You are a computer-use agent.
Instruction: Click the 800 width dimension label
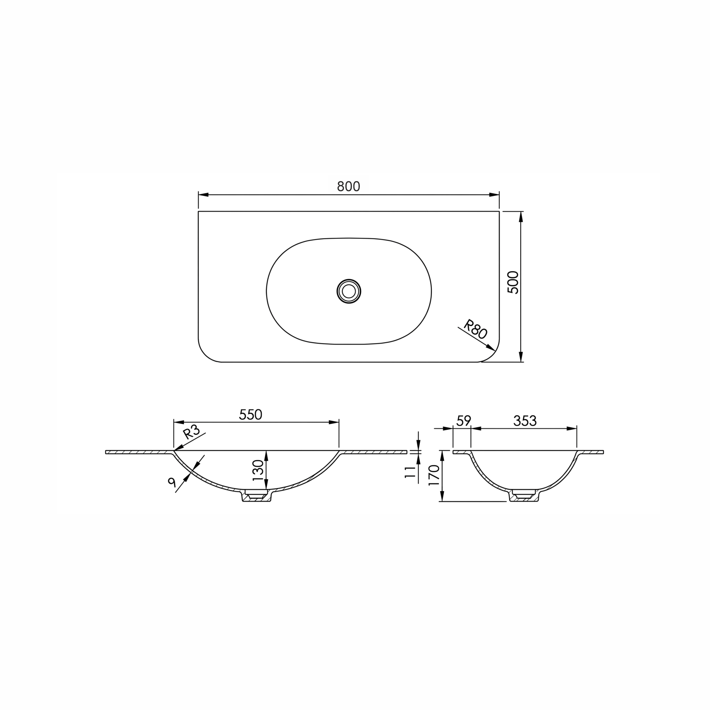tap(348, 187)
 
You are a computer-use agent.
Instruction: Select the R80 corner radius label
tap(475, 329)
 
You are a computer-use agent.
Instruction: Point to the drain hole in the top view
tap(349, 291)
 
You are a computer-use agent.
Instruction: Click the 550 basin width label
tap(250, 414)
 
